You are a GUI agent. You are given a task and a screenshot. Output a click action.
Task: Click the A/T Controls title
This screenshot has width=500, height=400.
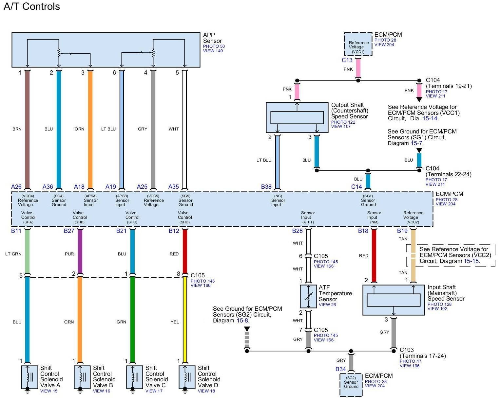tap(32, 7)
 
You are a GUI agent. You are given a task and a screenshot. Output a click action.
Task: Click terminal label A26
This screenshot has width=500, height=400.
tap(16, 187)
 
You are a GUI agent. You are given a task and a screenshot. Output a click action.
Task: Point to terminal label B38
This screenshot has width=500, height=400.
tap(266, 187)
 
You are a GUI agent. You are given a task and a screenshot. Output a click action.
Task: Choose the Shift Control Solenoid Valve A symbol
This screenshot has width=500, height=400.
tap(28, 377)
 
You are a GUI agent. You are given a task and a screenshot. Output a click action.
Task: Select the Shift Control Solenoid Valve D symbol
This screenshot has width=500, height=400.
tap(185, 377)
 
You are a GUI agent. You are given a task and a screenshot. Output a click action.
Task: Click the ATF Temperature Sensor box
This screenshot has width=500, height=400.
tap(308, 296)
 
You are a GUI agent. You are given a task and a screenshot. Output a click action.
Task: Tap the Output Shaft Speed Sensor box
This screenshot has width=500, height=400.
tap(297, 117)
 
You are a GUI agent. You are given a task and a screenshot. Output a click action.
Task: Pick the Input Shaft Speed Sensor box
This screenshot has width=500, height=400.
tap(394, 300)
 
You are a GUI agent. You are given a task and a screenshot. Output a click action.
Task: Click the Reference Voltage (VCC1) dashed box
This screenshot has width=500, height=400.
tap(358, 44)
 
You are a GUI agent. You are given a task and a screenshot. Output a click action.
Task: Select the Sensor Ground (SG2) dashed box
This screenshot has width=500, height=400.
tap(351, 385)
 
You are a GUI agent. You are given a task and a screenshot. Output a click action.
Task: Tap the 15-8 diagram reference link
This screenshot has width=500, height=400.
tap(243, 321)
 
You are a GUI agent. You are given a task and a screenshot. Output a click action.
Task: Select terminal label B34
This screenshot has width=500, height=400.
tap(340, 369)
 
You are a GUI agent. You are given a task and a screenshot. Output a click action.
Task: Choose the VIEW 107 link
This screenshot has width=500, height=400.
tap(341, 127)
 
